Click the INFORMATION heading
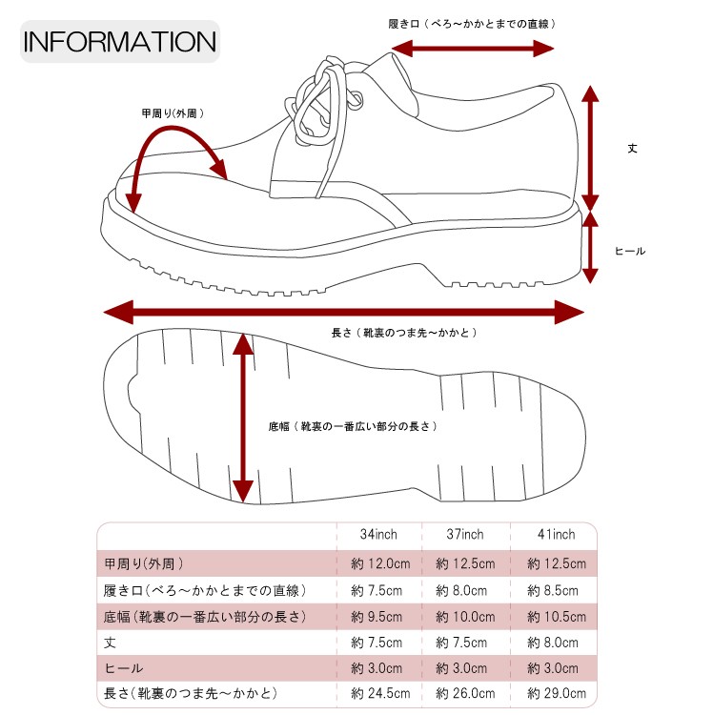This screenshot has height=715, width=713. [x=120, y=43]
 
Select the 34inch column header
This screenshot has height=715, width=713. [x=378, y=535]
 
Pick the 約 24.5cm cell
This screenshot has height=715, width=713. [x=380, y=693]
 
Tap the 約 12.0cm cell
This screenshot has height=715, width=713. [x=380, y=563]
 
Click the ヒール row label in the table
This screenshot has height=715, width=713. [x=124, y=667]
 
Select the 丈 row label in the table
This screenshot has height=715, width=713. [x=110, y=643]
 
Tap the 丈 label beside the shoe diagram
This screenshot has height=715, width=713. [x=631, y=148]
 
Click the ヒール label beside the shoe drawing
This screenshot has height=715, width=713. [x=630, y=251]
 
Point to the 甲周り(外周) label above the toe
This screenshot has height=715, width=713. [x=173, y=113]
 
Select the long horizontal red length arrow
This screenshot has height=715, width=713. [x=343, y=312]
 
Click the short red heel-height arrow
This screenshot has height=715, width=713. [x=590, y=247]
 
